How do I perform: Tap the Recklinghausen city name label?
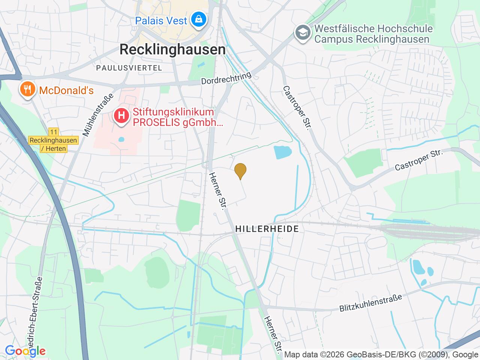coord(173,49)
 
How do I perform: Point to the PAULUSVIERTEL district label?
coord(129,68)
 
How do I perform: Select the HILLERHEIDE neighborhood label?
coord(267,229)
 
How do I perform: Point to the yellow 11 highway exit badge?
coord(54,132)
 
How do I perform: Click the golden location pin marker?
coord(240,171)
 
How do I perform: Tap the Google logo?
coord(25,351)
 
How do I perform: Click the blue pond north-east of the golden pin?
coord(282,152)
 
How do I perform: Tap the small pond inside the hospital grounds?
coord(121,139)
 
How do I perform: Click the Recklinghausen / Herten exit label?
coord(54,144)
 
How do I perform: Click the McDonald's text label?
coord(66,90)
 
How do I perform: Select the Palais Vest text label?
coord(161,21)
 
